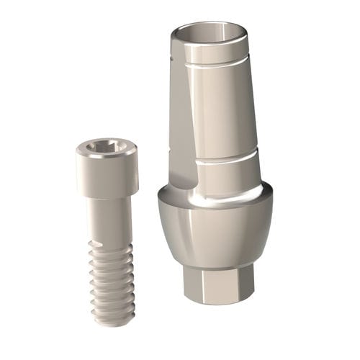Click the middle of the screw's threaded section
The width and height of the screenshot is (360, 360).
tap(112, 281)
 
